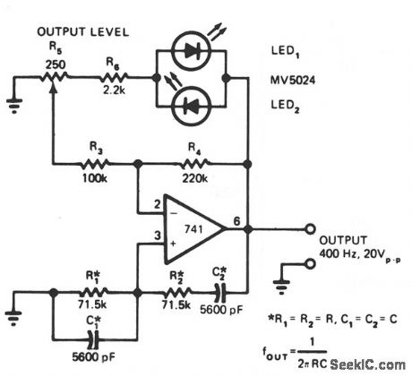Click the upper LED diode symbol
point(192,53)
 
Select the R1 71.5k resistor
point(92,291)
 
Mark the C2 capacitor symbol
point(218,291)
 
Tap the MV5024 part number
point(293,80)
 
